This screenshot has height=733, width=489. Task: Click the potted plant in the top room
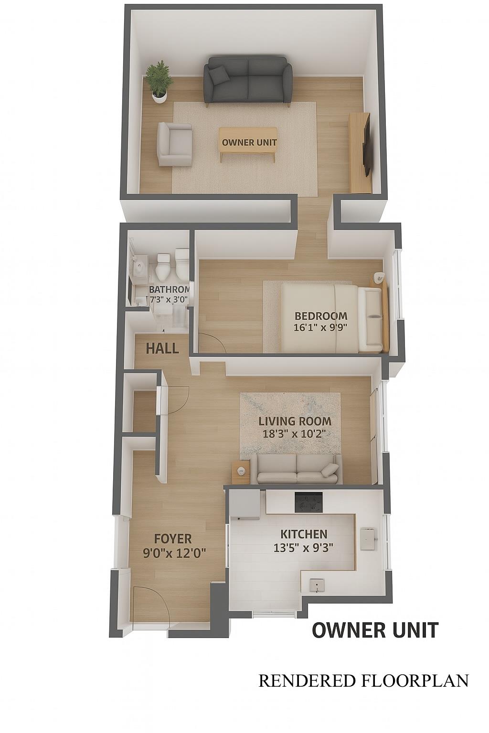coord(159,82)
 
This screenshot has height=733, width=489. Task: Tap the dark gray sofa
coord(248,81)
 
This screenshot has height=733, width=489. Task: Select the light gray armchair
coord(174,144)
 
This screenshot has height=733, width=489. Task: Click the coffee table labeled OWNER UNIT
coord(248,143)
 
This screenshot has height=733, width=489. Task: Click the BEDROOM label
coord(320,316)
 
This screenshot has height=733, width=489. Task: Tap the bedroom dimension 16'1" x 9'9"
coord(320,327)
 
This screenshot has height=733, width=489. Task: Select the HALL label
coord(162,348)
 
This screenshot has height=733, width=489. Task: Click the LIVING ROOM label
coord(295,421)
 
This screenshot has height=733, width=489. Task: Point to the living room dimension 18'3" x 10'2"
coord(295,434)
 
